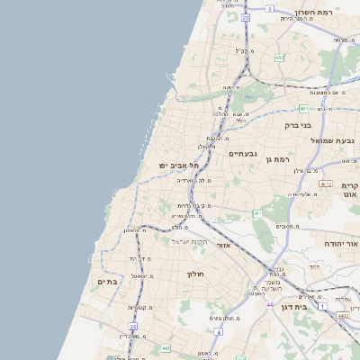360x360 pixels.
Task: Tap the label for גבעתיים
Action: coord(243,154)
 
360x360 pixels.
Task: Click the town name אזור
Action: coord(224,245)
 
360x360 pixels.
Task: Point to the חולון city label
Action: coord(196,274)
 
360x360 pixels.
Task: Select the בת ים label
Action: coord(107,282)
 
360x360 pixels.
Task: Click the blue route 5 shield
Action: coord(269,8)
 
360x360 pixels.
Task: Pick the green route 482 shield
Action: coord(279,58)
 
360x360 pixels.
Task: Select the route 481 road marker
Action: coord(257,213)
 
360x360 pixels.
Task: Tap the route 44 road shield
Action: coord(269,305)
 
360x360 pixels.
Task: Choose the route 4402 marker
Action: coord(343,315)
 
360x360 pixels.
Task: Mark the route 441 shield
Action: coord(166,347)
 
